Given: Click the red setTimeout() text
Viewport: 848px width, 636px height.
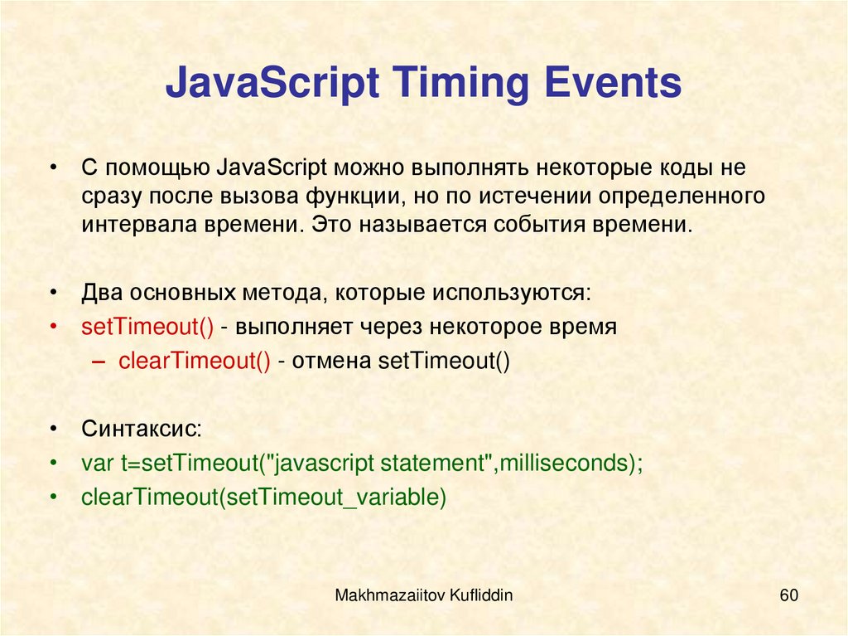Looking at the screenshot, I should [147, 326].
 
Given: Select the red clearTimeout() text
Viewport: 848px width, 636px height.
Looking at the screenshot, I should [195, 361].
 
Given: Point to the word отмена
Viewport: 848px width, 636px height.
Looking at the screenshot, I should [331, 361].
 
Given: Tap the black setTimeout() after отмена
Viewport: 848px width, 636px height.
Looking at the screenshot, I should [444, 361].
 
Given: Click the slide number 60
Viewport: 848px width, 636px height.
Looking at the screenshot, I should [788, 595].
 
